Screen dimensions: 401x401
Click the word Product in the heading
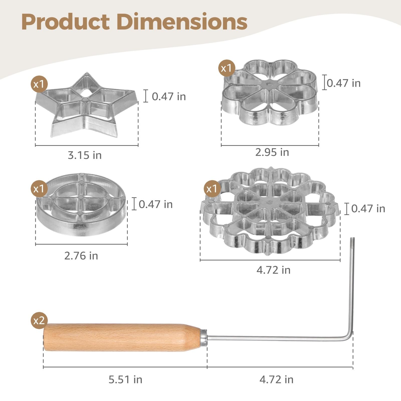click(66, 22)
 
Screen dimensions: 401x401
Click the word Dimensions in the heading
click(182, 22)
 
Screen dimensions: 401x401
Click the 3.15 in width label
click(85, 155)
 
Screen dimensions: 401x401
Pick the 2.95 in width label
click(272, 152)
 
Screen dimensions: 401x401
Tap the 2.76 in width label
click(81, 256)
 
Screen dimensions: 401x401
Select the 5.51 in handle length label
click(125, 379)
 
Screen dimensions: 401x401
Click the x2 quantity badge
click(39, 320)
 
